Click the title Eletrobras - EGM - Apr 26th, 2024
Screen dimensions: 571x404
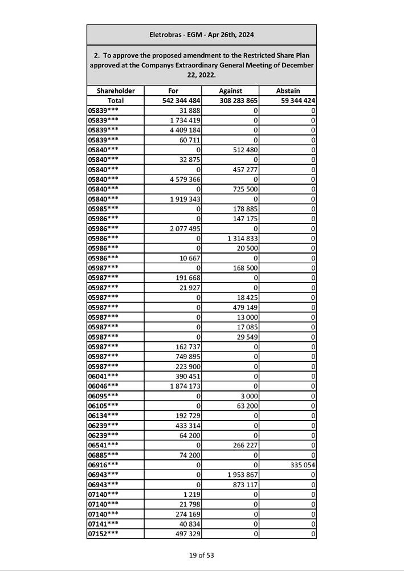pyautogui.click(x=201, y=35)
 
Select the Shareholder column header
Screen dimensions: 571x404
pyautogui.click(x=116, y=91)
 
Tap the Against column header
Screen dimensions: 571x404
pyautogui.click(x=230, y=91)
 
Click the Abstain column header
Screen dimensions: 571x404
pyautogui.click(x=288, y=91)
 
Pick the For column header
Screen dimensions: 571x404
pyautogui.click(x=173, y=91)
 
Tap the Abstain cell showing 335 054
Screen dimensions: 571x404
pyautogui.click(x=301, y=465)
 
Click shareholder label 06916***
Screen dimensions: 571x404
pyautogui.click(x=104, y=465)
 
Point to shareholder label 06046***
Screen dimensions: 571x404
pyautogui.click(x=104, y=386)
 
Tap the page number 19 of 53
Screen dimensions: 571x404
pyautogui.click(x=202, y=555)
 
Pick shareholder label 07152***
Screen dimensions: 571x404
pyautogui.click(x=104, y=534)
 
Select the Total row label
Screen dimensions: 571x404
pyautogui.click(x=116, y=100)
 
